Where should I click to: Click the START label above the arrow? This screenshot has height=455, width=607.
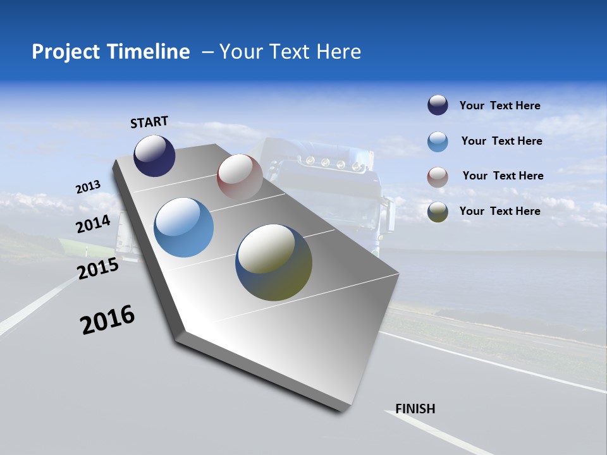pyautogui.click(x=149, y=122)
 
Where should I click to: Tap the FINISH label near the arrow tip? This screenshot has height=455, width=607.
pyautogui.click(x=415, y=409)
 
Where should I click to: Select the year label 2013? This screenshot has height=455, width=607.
pyautogui.click(x=88, y=187)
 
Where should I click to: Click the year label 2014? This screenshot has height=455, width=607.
pyautogui.click(x=93, y=224)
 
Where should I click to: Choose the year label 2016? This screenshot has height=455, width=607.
pyautogui.click(x=107, y=320)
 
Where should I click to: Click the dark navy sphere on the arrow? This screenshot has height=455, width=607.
pyautogui.click(x=154, y=155)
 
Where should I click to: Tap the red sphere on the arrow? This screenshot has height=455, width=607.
pyautogui.click(x=239, y=176)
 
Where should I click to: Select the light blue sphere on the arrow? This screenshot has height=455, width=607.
pyautogui.click(x=183, y=227)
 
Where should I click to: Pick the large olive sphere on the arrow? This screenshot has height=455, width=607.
pyautogui.click(x=274, y=262)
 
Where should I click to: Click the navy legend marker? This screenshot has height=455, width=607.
pyautogui.click(x=438, y=106)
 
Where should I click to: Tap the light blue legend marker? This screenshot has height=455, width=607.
pyautogui.click(x=438, y=142)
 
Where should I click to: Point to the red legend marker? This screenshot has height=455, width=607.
pyautogui.click(x=438, y=177)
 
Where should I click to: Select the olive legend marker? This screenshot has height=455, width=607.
pyautogui.click(x=438, y=212)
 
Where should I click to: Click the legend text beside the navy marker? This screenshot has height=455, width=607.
pyautogui.click(x=500, y=106)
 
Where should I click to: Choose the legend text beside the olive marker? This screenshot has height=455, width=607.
pyautogui.click(x=500, y=211)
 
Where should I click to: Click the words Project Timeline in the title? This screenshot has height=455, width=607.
pyautogui.click(x=111, y=52)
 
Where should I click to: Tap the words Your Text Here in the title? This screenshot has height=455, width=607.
pyautogui.click(x=290, y=52)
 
